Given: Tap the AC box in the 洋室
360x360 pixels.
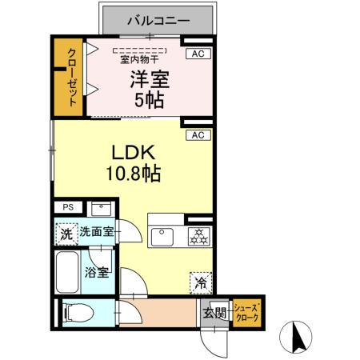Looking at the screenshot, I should point(196,54).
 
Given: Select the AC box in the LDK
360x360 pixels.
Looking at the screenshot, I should point(196,135).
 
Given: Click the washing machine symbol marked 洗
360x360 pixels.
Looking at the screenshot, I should point(67,234).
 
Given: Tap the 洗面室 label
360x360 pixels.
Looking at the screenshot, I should point(97,234).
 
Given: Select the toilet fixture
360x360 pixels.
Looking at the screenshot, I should point(78,314).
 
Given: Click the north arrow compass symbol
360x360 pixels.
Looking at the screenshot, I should point(299,336).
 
